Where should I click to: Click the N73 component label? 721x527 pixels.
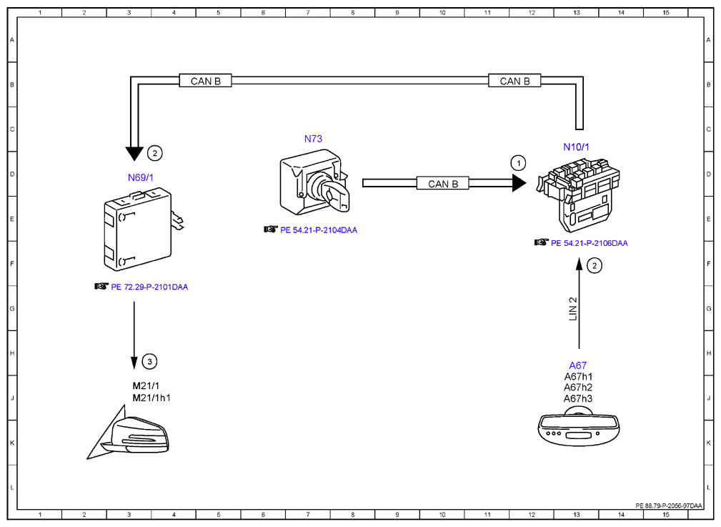pos(313,139)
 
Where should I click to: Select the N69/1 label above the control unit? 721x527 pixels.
pos(141,177)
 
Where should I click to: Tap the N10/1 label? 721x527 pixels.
pos(576,147)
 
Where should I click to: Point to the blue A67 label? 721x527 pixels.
pos(578,365)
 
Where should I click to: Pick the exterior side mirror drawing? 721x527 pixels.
pos(129,433)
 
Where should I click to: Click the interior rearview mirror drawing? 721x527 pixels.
pos(579,425)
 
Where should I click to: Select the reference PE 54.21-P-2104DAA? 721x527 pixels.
pos(319,230)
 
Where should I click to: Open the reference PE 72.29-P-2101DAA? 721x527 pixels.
pos(149,287)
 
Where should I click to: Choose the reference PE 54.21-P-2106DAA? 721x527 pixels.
pos(590,243)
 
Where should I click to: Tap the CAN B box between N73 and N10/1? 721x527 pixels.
pos(443,183)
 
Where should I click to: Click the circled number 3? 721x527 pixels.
pos(149,361)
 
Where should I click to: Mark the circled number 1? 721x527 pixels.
pos(519,163)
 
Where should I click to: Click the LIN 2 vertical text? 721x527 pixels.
pos(573,309)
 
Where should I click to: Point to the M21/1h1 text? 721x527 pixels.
pos(151,398)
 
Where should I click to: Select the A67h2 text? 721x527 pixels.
pos(578,388)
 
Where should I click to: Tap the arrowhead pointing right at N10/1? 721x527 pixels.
pos(519,183)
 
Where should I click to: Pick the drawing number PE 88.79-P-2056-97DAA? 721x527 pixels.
pos(669,506)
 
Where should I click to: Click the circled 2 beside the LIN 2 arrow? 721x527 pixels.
pos(595,265)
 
